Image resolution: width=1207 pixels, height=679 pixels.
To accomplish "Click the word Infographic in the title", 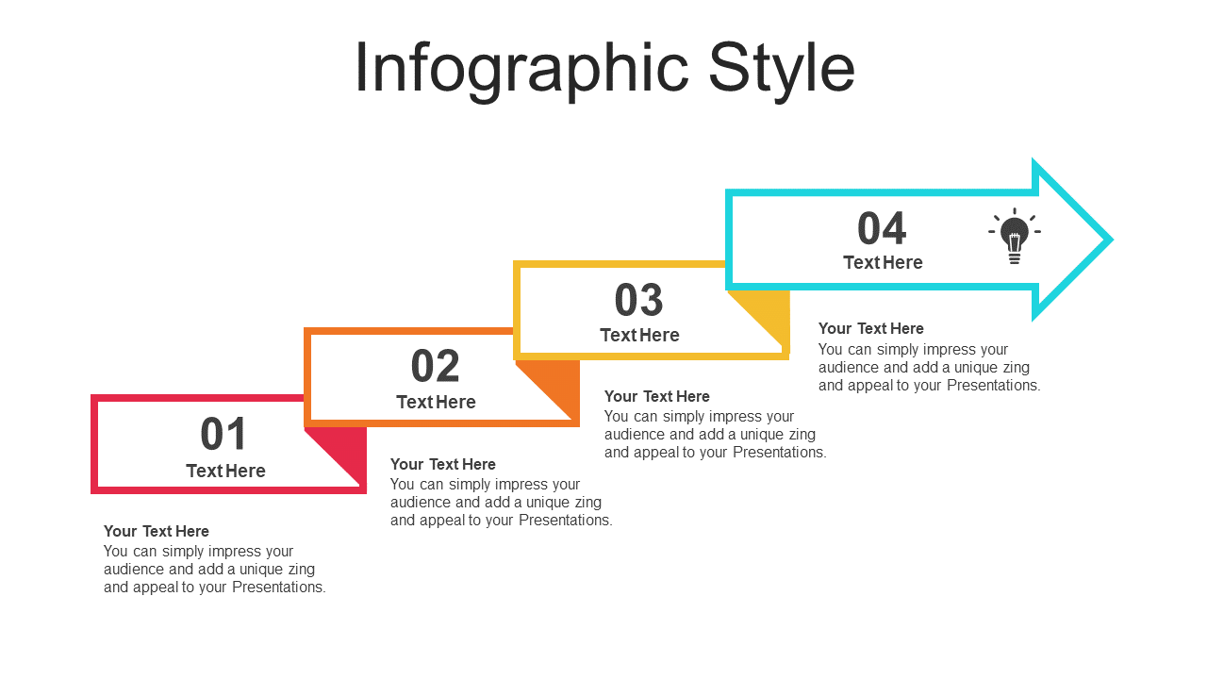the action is click(521, 70).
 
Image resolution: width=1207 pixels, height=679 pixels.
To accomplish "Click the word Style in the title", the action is click(782, 70).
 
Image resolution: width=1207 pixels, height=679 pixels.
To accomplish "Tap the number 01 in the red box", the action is click(223, 434).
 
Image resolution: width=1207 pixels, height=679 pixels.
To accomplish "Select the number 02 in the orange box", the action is click(435, 366).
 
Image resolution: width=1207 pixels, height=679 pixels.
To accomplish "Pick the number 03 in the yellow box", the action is click(638, 300).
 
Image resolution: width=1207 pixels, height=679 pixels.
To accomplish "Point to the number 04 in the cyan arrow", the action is click(882, 228).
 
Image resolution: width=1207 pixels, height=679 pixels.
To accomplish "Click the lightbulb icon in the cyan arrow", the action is click(1014, 236).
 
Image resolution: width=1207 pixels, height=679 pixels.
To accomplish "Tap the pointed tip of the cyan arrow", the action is click(1112, 240).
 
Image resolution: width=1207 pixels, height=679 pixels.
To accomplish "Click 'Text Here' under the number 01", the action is click(225, 471).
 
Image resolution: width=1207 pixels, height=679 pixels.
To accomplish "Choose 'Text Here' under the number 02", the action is click(436, 402).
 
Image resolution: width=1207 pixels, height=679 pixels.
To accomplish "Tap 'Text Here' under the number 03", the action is click(639, 335).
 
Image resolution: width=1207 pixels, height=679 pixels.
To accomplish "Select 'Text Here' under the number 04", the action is click(883, 262).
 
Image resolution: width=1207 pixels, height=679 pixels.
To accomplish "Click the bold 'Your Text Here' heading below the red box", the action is click(157, 531).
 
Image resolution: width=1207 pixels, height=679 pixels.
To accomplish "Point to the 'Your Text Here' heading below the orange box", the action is click(443, 465).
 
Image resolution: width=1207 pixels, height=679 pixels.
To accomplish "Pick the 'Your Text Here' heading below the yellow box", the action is click(657, 397).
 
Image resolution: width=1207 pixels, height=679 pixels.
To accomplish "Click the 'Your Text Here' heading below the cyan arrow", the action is click(870, 329).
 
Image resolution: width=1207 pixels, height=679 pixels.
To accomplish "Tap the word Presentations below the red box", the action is click(278, 587).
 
